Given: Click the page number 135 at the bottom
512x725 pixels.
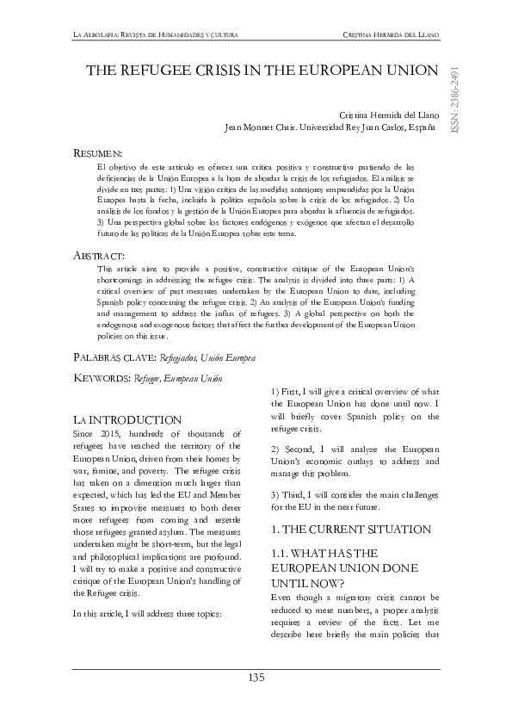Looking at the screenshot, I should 256,679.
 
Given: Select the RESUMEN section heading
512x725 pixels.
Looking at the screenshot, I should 97,152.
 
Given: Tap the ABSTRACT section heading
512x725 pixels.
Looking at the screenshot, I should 99,256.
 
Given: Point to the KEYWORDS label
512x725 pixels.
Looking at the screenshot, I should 102,377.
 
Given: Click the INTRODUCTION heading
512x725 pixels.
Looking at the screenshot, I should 133,420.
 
